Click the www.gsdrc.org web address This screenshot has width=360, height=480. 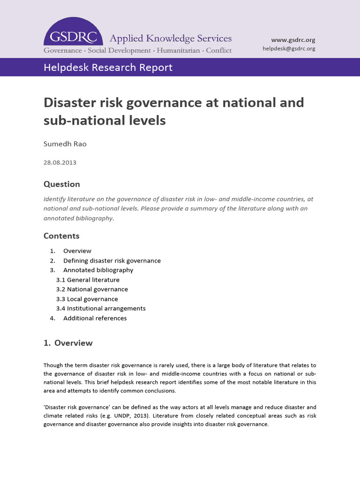coord(294,40)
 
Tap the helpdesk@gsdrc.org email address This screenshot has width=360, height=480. coord(289,49)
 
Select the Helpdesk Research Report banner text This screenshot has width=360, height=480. coord(108,67)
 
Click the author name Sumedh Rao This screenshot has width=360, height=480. coord(65,144)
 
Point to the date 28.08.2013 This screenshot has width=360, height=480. coord(60,163)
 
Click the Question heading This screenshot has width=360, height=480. coord(61,184)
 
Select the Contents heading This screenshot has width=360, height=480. coord(61,236)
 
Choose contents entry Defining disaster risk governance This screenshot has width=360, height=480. coord(112,261)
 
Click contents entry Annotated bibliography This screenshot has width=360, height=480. coord(98,270)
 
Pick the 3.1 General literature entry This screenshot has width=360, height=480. coord(88,280)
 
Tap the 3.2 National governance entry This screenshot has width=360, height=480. coord(92,289)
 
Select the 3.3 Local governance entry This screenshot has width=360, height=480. coord(87,299)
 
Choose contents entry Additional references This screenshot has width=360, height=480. coord(95,318)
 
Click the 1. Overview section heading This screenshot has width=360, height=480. coord(68,343)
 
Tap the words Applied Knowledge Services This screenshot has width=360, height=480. coord(170,38)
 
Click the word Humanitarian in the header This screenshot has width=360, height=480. coord(179,50)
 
